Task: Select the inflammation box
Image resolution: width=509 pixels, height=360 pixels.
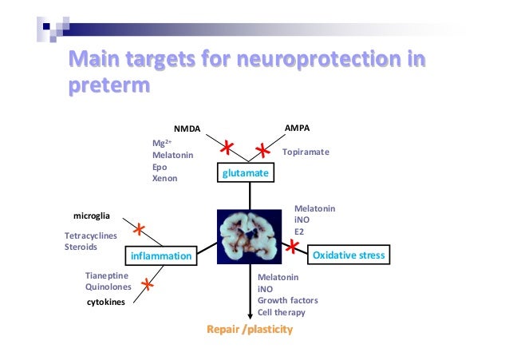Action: coord(162,256)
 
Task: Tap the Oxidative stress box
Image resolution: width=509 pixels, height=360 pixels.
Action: coord(349,255)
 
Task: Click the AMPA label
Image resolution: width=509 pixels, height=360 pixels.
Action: coord(298,128)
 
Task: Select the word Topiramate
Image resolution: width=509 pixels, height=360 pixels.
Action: coord(306,151)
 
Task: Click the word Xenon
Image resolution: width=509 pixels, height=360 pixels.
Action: coord(164,179)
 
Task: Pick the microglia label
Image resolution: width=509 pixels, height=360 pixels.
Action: coord(91,216)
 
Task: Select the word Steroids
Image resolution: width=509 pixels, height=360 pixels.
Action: coord(81,247)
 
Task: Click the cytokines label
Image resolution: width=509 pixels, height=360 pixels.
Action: coord(105,303)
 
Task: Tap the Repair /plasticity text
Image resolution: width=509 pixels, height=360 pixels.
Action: coord(250,330)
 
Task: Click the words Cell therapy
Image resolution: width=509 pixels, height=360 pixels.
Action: coord(281,312)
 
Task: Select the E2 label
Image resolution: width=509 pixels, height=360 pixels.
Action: coord(300,232)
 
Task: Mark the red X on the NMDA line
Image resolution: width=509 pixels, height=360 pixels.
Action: coord(227,147)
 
